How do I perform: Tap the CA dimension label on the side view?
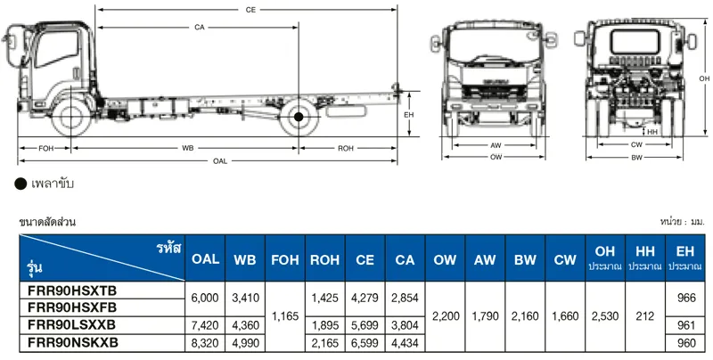pyautogui.click(x=199, y=28)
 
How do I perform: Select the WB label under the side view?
pyautogui.click(x=187, y=147)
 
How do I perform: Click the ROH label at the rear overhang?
pyautogui.click(x=347, y=147)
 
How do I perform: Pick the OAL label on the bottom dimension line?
pyautogui.click(x=219, y=161)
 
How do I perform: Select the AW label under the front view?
pyautogui.click(x=496, y=144)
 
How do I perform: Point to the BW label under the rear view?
pyautogui.click(x=636, y=157)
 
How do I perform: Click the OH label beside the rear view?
pyautogui.click(x=704, y=79)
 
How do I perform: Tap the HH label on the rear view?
pyautogui.click(x=653, y=132)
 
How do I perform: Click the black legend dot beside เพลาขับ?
pyautogui.click(x=20, y=184)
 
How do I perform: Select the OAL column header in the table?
pyautogui.click(x=204, y=259)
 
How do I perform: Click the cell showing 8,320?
pyautogui.click(x=204, y=341)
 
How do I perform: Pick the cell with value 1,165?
pyautogui.click(x=285, y=315)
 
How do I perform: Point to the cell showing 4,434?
pyautogui.click(x=406, y=341)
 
